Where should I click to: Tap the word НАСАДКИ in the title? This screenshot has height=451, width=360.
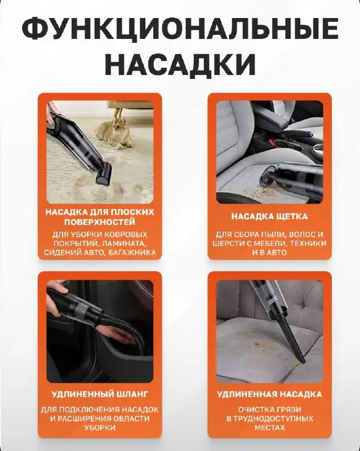[180, 64]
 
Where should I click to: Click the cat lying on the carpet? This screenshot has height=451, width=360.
[115, 131]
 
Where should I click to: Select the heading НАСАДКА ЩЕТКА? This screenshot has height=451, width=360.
[269, 216]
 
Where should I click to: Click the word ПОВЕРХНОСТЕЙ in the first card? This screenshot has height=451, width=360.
[100, 222]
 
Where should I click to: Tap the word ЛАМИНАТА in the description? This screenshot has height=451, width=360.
[123, 244]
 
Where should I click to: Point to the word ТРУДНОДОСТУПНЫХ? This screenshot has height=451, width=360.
[269, 418]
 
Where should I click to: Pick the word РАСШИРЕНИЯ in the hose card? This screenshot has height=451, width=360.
[78, 418]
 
